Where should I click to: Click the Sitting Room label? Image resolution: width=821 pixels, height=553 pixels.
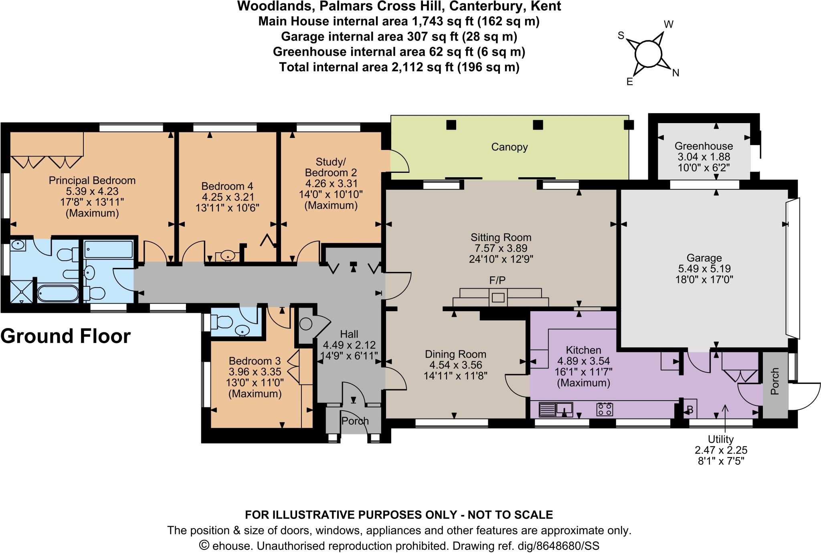(x=501, y=237)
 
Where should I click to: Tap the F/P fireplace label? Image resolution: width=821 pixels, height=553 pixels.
(x=497, y=280)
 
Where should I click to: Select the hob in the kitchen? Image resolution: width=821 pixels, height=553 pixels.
(x=605, y=409)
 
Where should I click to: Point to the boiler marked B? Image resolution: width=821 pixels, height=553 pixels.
(x=690, y=410)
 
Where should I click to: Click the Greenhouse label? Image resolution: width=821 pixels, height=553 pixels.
(x=704, y=146)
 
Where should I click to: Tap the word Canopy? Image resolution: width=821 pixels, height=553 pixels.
(x=509, y=147)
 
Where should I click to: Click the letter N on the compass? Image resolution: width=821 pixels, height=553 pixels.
(x=675, y=73)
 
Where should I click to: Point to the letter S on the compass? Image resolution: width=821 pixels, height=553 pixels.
(x=621, y=36)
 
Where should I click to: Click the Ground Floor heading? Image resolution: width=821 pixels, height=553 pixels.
(x=65, y=336)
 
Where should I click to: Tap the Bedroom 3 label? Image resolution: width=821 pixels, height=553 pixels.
(x=255, y=361)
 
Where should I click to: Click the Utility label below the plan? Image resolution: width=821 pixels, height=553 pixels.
(x=720, y=439)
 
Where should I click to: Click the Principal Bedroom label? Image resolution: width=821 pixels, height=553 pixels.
(x=92, y=180)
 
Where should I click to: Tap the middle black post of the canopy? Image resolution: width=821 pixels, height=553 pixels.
(x=538, y=125)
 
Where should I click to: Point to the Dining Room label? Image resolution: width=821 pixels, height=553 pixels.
(x=455, y=354)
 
